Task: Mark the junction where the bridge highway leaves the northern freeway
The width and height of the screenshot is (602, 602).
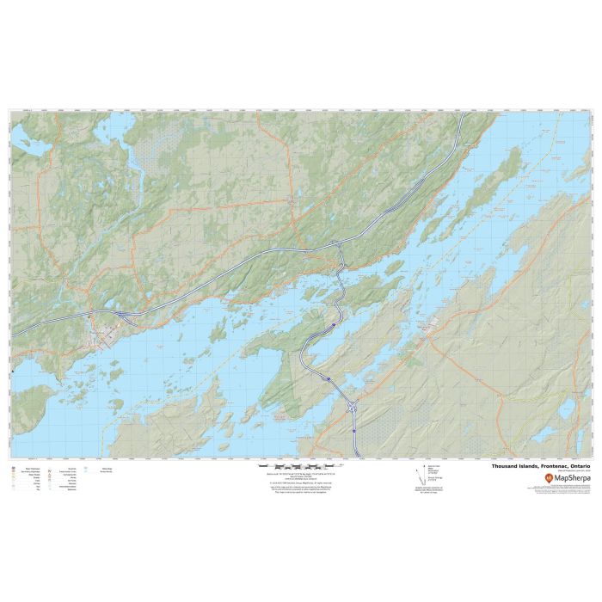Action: pyautogui.click(x=338, y=246)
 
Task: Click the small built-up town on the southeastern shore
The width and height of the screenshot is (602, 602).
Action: pyautogui.click(x=434, y=322)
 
